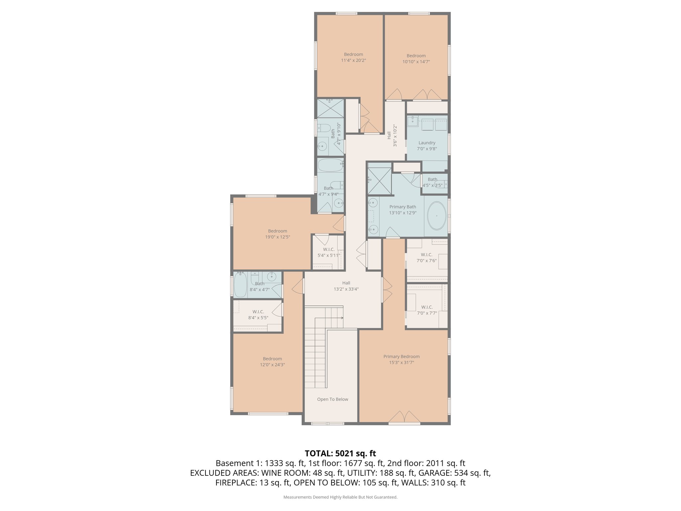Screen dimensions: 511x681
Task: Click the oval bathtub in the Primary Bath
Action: point(437,216)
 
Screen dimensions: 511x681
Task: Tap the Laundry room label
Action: point(427,143)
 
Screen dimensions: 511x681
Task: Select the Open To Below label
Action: point(333,399)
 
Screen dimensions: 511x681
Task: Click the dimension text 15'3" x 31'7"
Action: point(401,363)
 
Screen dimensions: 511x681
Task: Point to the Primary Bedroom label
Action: point(401,357)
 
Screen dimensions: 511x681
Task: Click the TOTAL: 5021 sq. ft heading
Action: point(340,453)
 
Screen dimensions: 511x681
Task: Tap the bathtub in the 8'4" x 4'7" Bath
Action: point(240,285)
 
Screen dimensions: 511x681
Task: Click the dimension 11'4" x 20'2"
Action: point(353,61)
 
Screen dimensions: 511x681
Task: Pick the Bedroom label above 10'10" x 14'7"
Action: point(416,56)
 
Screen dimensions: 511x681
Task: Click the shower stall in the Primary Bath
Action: point(379,181)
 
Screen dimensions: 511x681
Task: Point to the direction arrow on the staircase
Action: point(341,318)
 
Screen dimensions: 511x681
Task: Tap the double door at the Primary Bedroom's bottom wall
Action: point(404,418)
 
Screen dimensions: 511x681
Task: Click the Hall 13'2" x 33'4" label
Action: point(346,286)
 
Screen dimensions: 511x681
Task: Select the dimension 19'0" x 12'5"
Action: point(277,237)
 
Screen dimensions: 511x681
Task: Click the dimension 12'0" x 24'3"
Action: point(272,365)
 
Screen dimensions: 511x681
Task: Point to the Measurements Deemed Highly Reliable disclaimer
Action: point(340,497)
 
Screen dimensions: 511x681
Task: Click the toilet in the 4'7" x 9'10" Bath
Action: point(324,128)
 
